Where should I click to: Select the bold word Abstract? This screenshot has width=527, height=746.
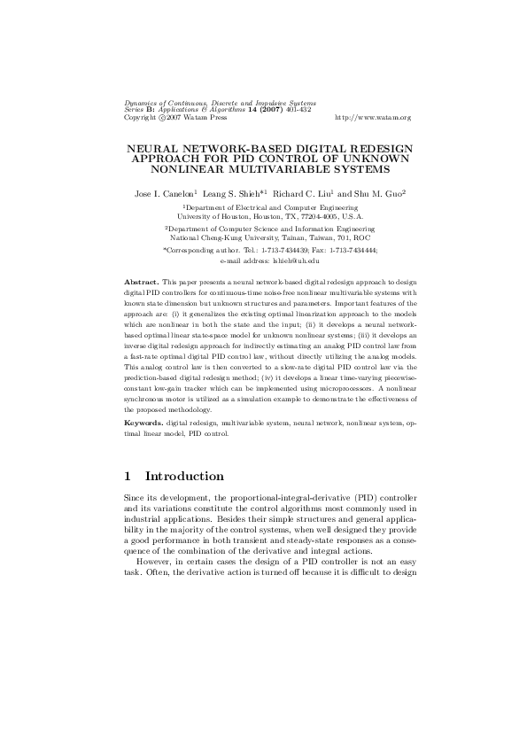coord(141,281)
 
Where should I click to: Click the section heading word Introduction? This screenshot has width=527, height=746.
coord(183,477)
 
